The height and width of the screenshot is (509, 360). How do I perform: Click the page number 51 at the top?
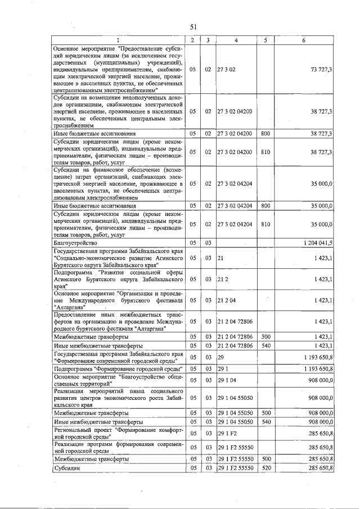192,27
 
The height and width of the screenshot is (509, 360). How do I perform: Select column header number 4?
236,40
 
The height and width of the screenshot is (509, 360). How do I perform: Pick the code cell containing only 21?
221,258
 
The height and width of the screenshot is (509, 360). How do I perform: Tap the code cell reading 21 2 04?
226,300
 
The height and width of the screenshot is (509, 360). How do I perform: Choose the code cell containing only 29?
221,357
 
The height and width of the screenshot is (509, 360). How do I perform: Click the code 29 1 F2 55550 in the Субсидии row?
236,467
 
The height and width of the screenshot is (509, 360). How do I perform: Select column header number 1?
118,40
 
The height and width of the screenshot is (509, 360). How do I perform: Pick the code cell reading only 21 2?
223,279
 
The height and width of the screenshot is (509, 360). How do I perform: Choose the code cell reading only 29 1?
223,368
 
